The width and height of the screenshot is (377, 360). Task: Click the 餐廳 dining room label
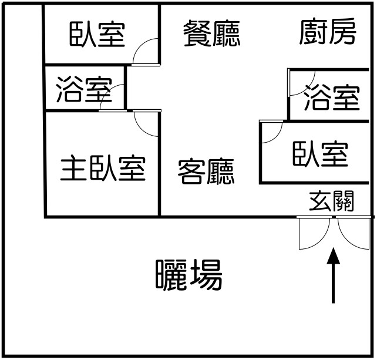(x=211, y=33)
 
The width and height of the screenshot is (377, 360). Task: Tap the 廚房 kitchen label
(x=328, y=32)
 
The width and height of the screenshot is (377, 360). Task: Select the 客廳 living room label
(x=206, y=171)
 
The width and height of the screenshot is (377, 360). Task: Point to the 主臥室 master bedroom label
(x=103, y=169)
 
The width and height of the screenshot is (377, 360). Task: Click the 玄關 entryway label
(x=331, y=202)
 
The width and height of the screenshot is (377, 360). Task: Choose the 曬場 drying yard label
(x=189, y=275)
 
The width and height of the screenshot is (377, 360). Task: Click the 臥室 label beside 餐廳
(x=98, y=34)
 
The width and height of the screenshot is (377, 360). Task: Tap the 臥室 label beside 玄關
(x=321, y=153)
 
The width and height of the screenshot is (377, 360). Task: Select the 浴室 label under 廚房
(x=332, y=97)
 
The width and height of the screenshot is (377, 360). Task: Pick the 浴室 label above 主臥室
(x=84, y=90)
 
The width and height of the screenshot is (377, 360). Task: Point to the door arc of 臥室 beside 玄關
(x=271, y=133)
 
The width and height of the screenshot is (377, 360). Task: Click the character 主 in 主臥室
(x=74, y=169)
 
